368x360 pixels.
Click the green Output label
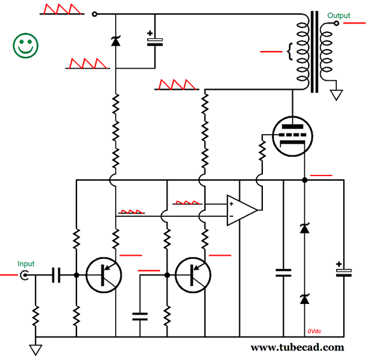click(x=338, y=15)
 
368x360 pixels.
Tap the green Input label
click(x=26, y=263)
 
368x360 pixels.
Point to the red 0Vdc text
click(x=315, y=331)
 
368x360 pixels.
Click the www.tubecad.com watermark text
click(x=297, y=347)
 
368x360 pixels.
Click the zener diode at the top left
click(x=115, y=41)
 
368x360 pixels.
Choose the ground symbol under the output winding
click(x=336, y=95)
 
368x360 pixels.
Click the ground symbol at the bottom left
click(x=36, y=349)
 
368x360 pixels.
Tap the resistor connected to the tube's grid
click(x=260, y=151)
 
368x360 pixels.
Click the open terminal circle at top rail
click(x=95, y=14)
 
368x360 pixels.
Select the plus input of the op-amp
click(x=232, y=204)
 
